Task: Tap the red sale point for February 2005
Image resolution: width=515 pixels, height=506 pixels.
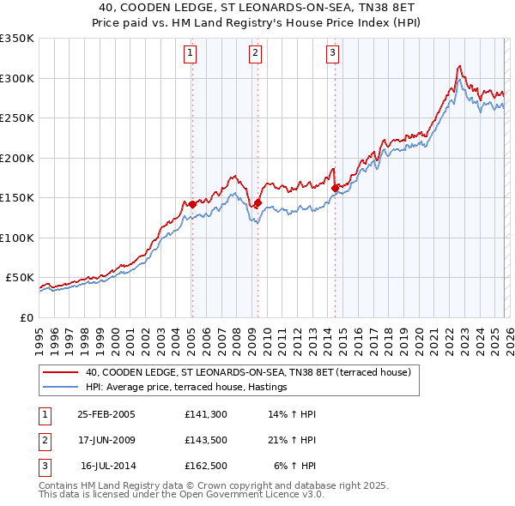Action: coord(192,204)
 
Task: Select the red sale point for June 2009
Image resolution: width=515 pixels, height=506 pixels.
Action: coord(257,202)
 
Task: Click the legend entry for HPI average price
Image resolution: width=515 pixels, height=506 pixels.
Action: coord(185,388)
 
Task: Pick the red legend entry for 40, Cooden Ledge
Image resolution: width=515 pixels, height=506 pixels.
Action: coord(249,372)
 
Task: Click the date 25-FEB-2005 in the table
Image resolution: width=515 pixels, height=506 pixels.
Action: coord(106,414)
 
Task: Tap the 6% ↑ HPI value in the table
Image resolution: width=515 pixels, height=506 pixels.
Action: coord(296,466)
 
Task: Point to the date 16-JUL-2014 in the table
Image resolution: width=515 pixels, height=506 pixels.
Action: coord(106,466)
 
